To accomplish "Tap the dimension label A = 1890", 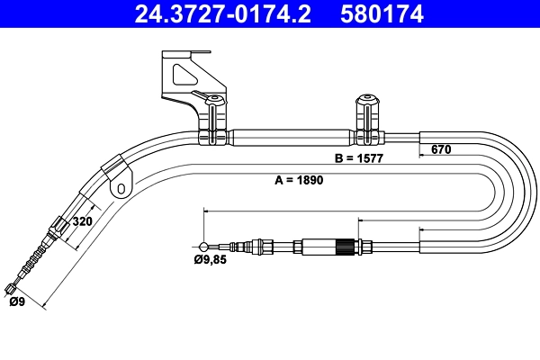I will pyautogui.click(x=298, y=179).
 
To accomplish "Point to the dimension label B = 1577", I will pyautogui.click(x=359, y=158).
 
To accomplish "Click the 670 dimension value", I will pyautogui.click(x=440, y=149).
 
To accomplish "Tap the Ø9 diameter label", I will pyautogui.click(x=16, y=302).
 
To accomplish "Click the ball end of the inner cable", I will pyautogui.click(x=206, y=245).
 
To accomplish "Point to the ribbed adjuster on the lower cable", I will pyautogui.click(x=341, y=245).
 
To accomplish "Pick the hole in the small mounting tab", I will pyautogui.click(x=119, y=189).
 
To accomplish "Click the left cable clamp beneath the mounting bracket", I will pyautogui.click(x=213, y=121).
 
